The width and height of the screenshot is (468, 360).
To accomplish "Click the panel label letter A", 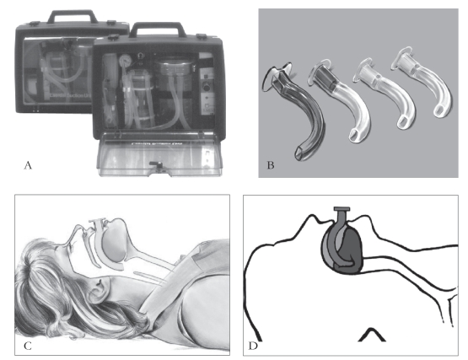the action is [28, 165].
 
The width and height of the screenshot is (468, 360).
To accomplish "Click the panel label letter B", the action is [271, 165].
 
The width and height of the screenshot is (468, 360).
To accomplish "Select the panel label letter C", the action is [28, 346].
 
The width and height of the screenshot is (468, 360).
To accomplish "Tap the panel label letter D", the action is [253, 346].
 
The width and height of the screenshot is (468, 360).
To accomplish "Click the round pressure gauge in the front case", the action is [125, 61].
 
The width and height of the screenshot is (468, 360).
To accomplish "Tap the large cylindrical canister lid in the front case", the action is [174, 67].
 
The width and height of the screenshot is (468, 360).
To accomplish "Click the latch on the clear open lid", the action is [155, 164].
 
